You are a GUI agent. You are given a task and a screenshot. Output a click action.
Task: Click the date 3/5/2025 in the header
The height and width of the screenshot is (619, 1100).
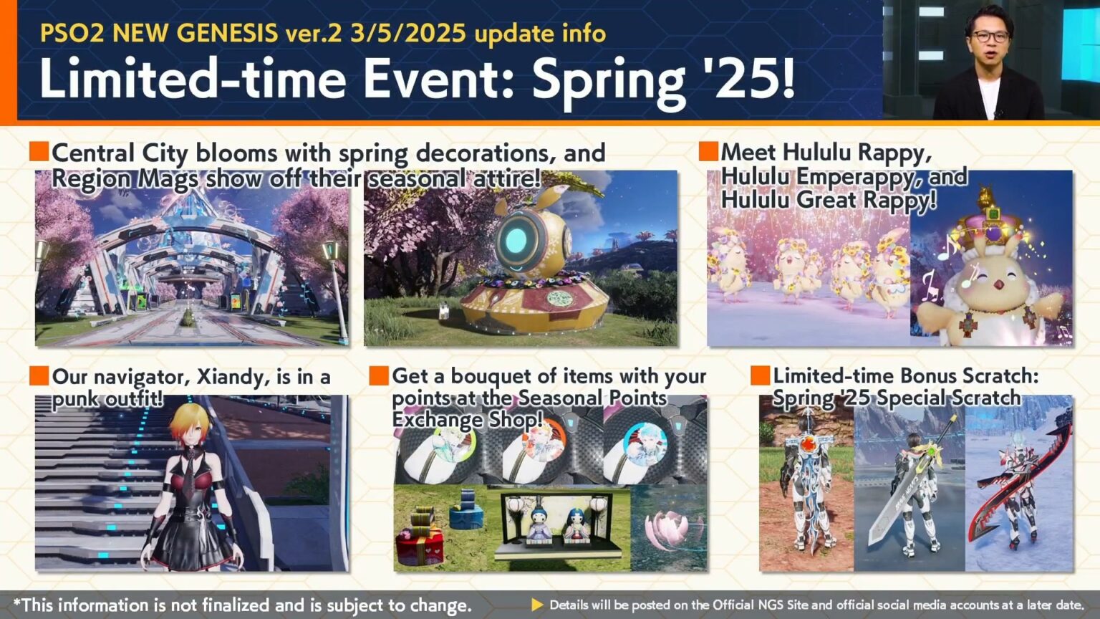click(x=407, y=33)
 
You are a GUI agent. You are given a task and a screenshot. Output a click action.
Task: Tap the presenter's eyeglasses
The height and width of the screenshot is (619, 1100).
click(x=991, y=36)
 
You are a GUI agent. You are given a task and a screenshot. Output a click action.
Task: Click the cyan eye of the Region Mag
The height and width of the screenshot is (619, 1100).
click(x=520, y=239)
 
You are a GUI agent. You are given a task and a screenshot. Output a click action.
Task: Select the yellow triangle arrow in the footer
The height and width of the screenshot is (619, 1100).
click(x=536, y=605)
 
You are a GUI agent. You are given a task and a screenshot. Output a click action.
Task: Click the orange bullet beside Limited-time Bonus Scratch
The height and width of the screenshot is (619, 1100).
click(x=760, y=375)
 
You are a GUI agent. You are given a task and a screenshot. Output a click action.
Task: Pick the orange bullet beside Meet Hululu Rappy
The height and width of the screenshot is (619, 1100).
click(x=708, y=152)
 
